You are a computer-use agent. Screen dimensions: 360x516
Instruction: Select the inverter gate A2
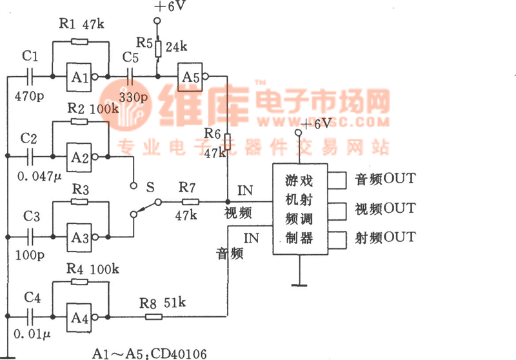(78, 156)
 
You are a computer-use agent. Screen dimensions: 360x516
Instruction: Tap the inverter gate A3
(78, 237)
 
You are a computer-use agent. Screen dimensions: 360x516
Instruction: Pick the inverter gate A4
(78, 317)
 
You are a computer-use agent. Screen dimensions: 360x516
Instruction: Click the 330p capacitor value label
(134, 98)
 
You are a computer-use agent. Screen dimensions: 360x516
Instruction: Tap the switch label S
(150, 187)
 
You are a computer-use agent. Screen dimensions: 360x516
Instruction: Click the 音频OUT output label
(385, 179)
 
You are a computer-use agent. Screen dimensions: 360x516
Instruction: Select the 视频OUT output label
(385, 208)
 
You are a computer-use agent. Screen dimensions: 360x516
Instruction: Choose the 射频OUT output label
(385, 237)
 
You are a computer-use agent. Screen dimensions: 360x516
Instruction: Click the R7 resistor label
(187, 188)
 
